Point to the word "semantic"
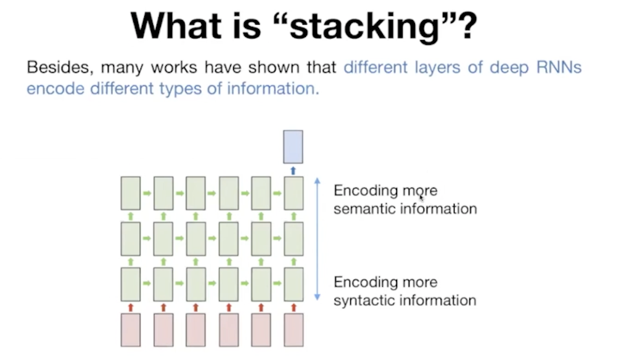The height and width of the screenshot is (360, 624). point(364,209)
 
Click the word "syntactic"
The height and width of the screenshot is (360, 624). point(364,301)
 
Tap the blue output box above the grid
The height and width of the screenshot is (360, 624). point(293,147)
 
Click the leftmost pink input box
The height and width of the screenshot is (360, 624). point(131,330)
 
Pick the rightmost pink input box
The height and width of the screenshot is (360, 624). point(293,330)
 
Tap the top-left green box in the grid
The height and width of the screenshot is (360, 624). point(131,193)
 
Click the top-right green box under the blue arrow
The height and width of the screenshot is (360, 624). point(293,193)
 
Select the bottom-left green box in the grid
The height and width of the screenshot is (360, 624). point(131,284)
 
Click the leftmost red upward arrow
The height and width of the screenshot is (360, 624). point(131,306)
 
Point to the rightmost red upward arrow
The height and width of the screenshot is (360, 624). point(293,306)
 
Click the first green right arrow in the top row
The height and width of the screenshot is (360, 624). point(147,194)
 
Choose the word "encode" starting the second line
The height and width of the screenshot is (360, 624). point(55,89)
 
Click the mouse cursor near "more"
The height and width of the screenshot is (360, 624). point(422,197)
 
